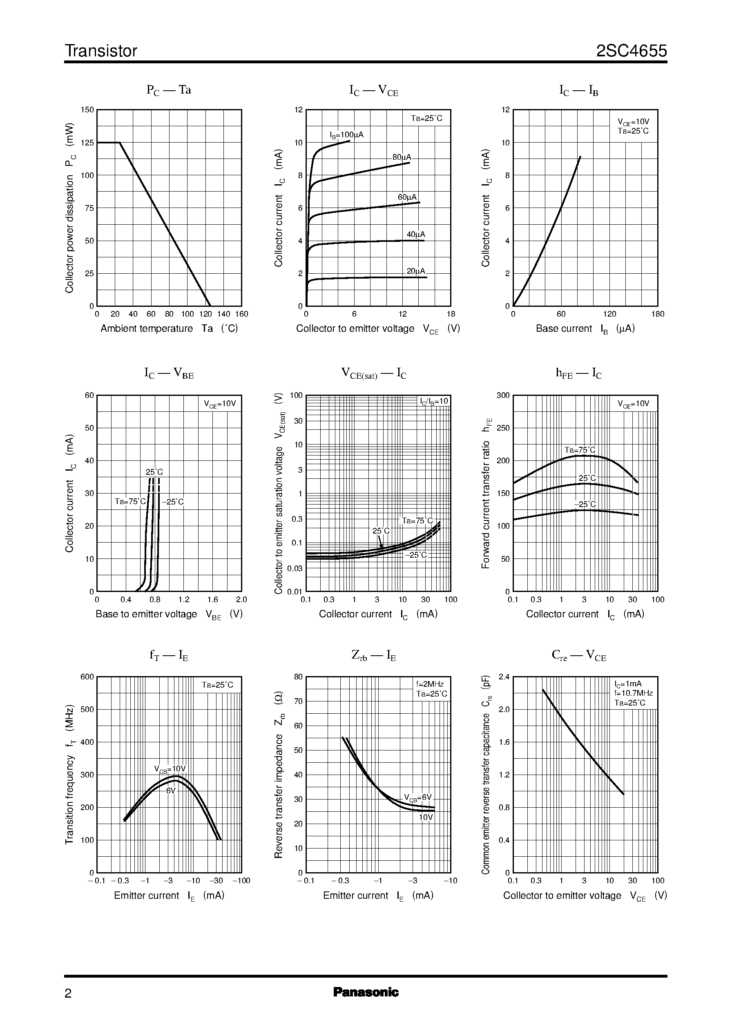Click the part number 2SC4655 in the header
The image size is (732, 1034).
click(x=631, y=51)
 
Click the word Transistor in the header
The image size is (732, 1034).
click(x=101, y=51)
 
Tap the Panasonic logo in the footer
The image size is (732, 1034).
click(x=366, y=992)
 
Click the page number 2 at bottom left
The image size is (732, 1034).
click(x=68, y=993)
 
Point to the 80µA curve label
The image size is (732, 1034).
click(x=402, y=157)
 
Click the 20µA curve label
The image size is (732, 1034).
click(x=415, y=271)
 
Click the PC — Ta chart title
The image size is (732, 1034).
click(x=169, y=90)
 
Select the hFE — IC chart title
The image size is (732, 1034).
click(x=578, y=373)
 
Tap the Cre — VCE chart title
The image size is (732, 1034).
click(x=579, y=655)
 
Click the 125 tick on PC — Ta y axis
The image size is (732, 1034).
click(x=87, y=143)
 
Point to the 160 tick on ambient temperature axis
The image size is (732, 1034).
click(x=241, y=314)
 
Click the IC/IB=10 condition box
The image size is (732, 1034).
click(x=434, y=401)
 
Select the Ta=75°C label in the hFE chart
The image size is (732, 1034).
click(x=580, y=450)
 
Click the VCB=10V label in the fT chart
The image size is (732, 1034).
click(x=170, y=769)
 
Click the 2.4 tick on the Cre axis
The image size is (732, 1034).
click(x=504, y=677)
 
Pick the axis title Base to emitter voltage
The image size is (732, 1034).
click(x=146, y=614)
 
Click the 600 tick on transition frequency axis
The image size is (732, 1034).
click(x=87, y=677)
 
